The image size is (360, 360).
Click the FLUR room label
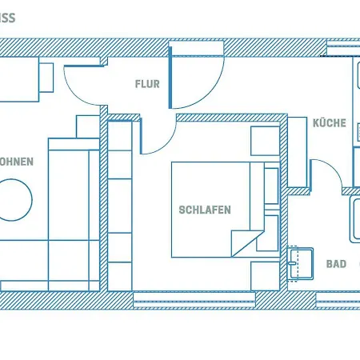(147, 83)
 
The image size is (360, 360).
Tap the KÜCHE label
(329, 123)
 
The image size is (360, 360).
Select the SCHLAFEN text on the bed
(205, 210)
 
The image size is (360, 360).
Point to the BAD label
(336, 263)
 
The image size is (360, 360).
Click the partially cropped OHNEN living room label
(16, 162)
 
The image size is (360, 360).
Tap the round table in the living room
(14, 198)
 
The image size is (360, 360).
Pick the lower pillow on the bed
(270, 232)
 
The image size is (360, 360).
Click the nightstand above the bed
(265, 142)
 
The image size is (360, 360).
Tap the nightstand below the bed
(265, 274)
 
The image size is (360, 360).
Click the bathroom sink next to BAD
(302, 263)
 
